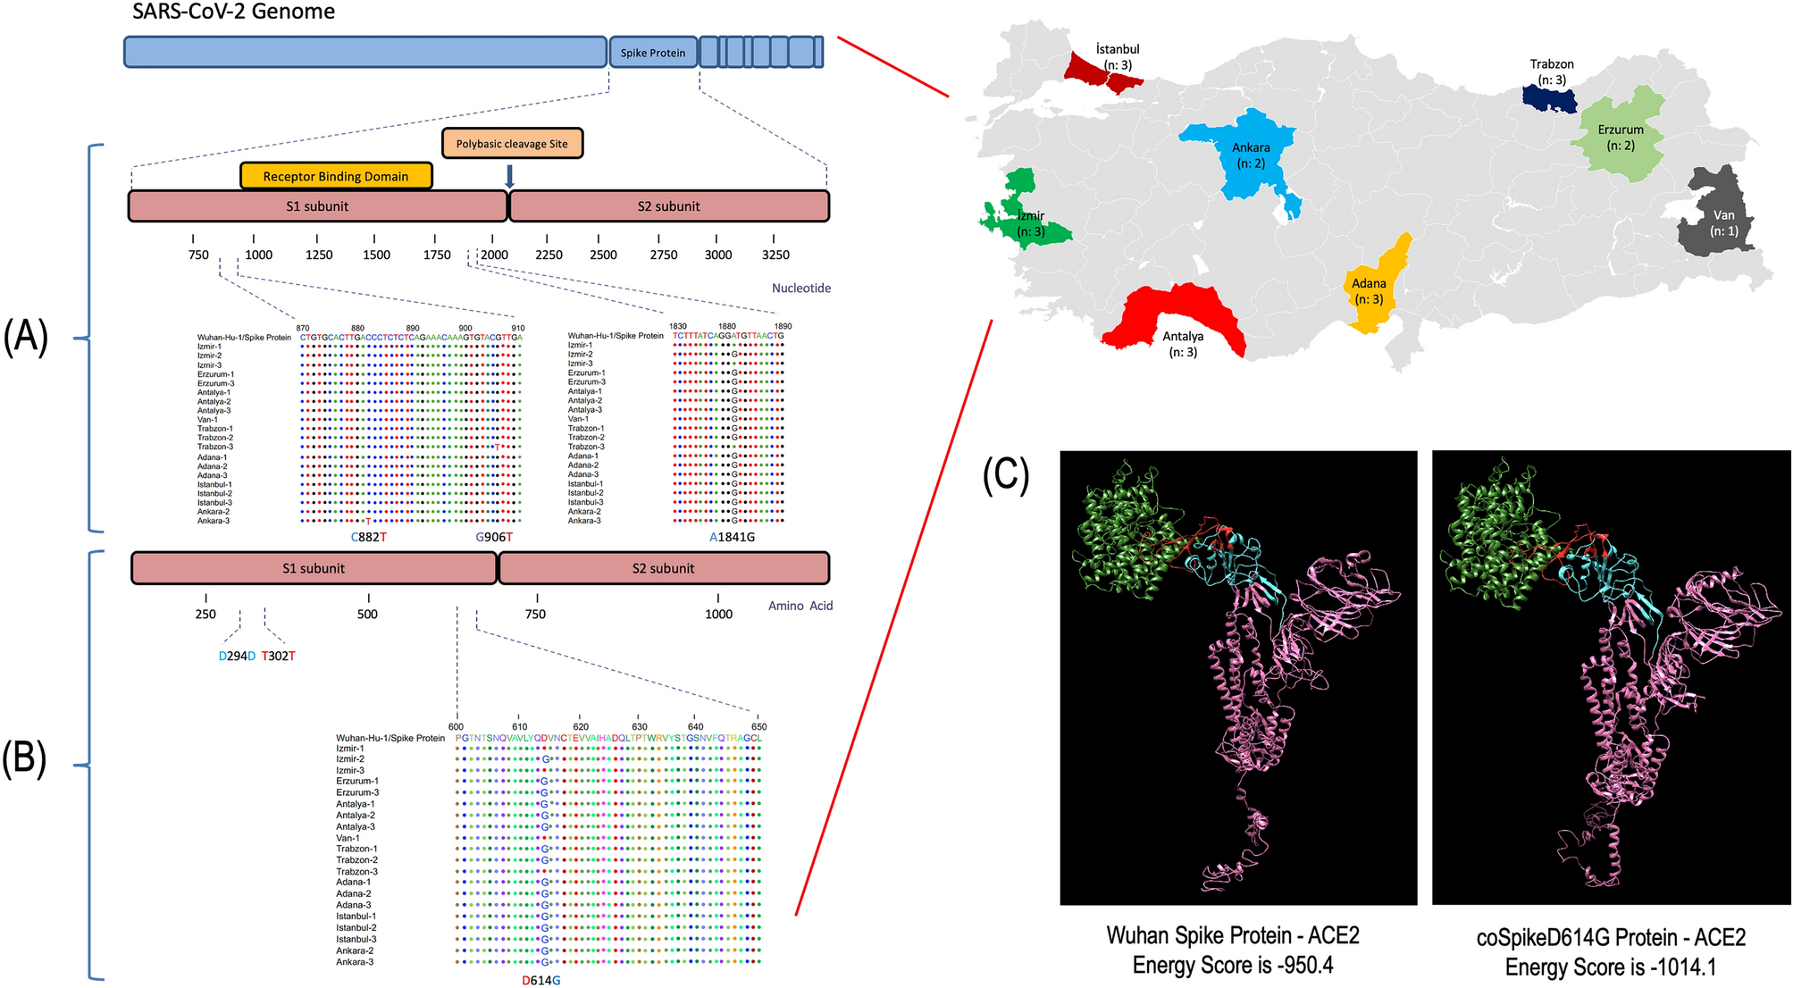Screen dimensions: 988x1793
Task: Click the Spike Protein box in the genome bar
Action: (652, 53)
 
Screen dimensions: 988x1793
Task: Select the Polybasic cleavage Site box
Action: (512, 144)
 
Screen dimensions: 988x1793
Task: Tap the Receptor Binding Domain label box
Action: (336, 176)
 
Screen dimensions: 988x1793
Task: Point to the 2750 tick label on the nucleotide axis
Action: (663, 255)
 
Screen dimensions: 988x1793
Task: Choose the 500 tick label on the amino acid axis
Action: (367, 615)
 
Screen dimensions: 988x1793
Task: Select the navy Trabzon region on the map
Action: (1550, 98)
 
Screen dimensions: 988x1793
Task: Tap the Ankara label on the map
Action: (1251, 147)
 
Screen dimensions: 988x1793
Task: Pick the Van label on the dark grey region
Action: (1723, 215)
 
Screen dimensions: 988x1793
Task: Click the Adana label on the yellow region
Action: (1369, 283)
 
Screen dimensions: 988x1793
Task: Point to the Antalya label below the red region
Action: (1182, 337)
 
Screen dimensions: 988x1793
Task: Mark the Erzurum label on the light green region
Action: (1621, 130)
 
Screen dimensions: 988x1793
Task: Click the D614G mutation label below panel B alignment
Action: (541, 980)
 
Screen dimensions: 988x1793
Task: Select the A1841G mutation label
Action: (732, 537)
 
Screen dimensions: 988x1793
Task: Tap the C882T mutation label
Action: (369, 537)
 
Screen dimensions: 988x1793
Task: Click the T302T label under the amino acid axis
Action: (278, 656)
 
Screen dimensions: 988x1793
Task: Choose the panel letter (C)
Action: (1006, 475)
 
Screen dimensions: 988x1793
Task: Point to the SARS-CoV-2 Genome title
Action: (234, 12)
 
